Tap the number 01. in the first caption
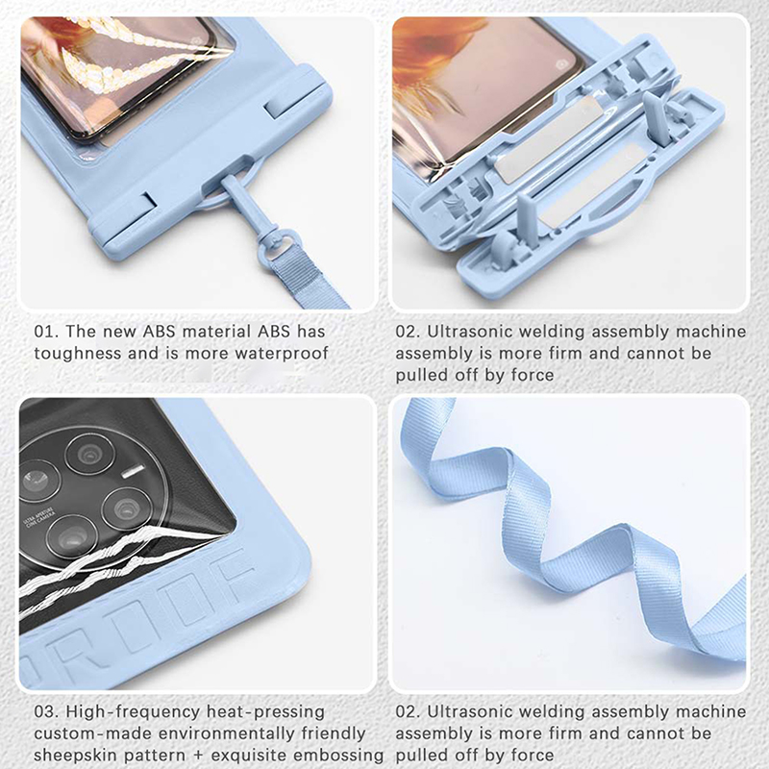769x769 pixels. (x=46, y=332)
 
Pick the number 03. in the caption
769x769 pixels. (x=46, y=711)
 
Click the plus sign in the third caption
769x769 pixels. (x=198, y=756)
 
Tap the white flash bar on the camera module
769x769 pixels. (x=133, y=471)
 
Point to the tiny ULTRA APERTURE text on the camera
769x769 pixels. (x=39, y=516)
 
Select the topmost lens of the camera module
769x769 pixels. (x=90, y=454)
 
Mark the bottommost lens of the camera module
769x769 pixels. (x=72, y=536)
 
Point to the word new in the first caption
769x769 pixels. (x=119, y=333)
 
